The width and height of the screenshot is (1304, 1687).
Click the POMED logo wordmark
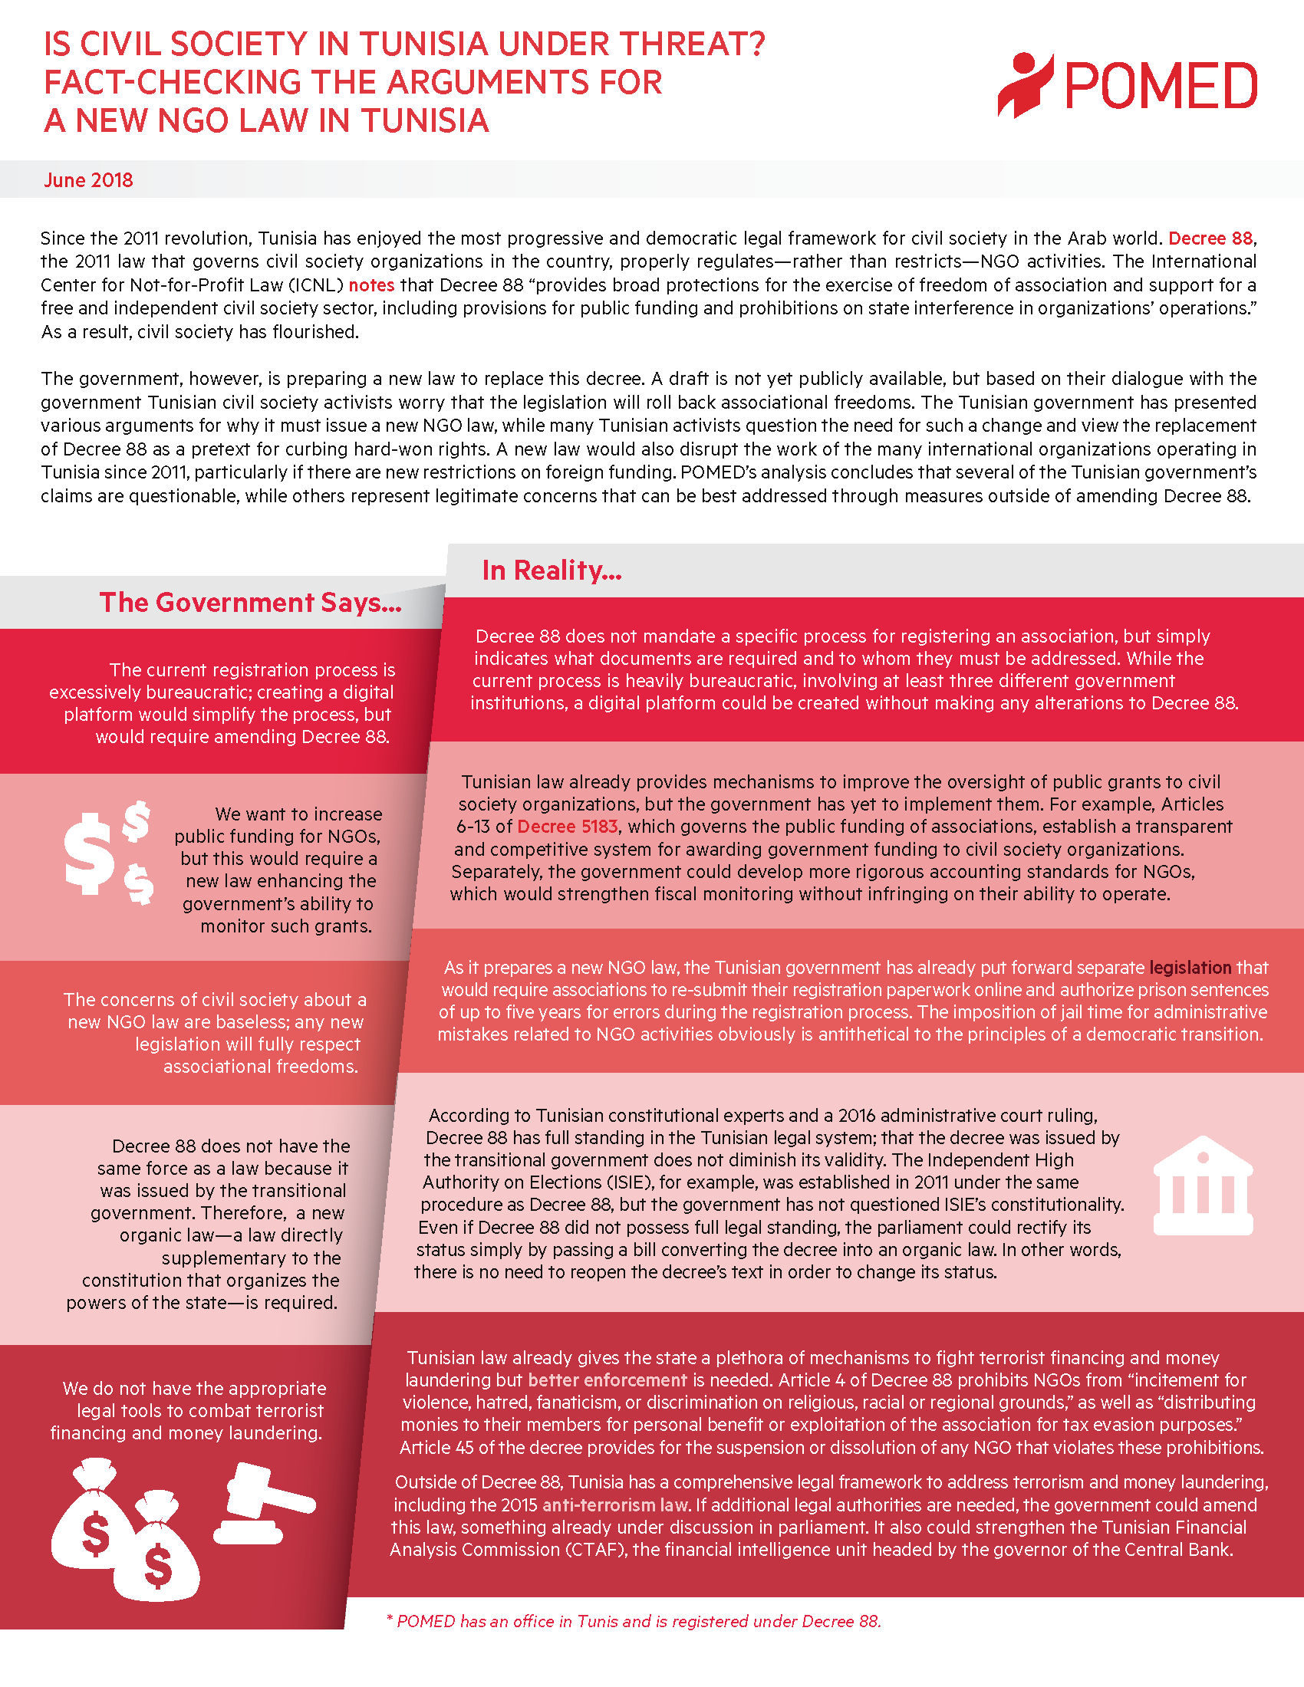(x=1161, y=86)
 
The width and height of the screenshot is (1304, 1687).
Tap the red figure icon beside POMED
(x=1025, y=85)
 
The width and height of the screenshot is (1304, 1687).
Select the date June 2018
(x=88, y=180)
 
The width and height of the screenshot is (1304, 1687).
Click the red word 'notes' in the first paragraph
(x=371, y=285)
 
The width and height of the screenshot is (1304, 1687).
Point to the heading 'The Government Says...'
(x=250, y=603)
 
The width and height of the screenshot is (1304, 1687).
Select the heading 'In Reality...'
(x=552, y=570)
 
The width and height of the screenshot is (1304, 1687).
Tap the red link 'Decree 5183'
(x=567, y=827)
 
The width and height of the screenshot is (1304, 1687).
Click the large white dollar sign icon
(x=89, y=853)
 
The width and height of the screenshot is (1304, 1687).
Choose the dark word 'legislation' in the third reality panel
(x=1190, y=967)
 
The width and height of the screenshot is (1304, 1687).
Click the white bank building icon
(x=1202, y=1185)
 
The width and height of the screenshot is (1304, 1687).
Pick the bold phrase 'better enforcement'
(x=608, y=1380)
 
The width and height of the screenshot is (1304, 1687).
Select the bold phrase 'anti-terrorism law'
(x=616, y=1504)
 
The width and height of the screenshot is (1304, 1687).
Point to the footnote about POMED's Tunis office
(x=634, y=1621)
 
